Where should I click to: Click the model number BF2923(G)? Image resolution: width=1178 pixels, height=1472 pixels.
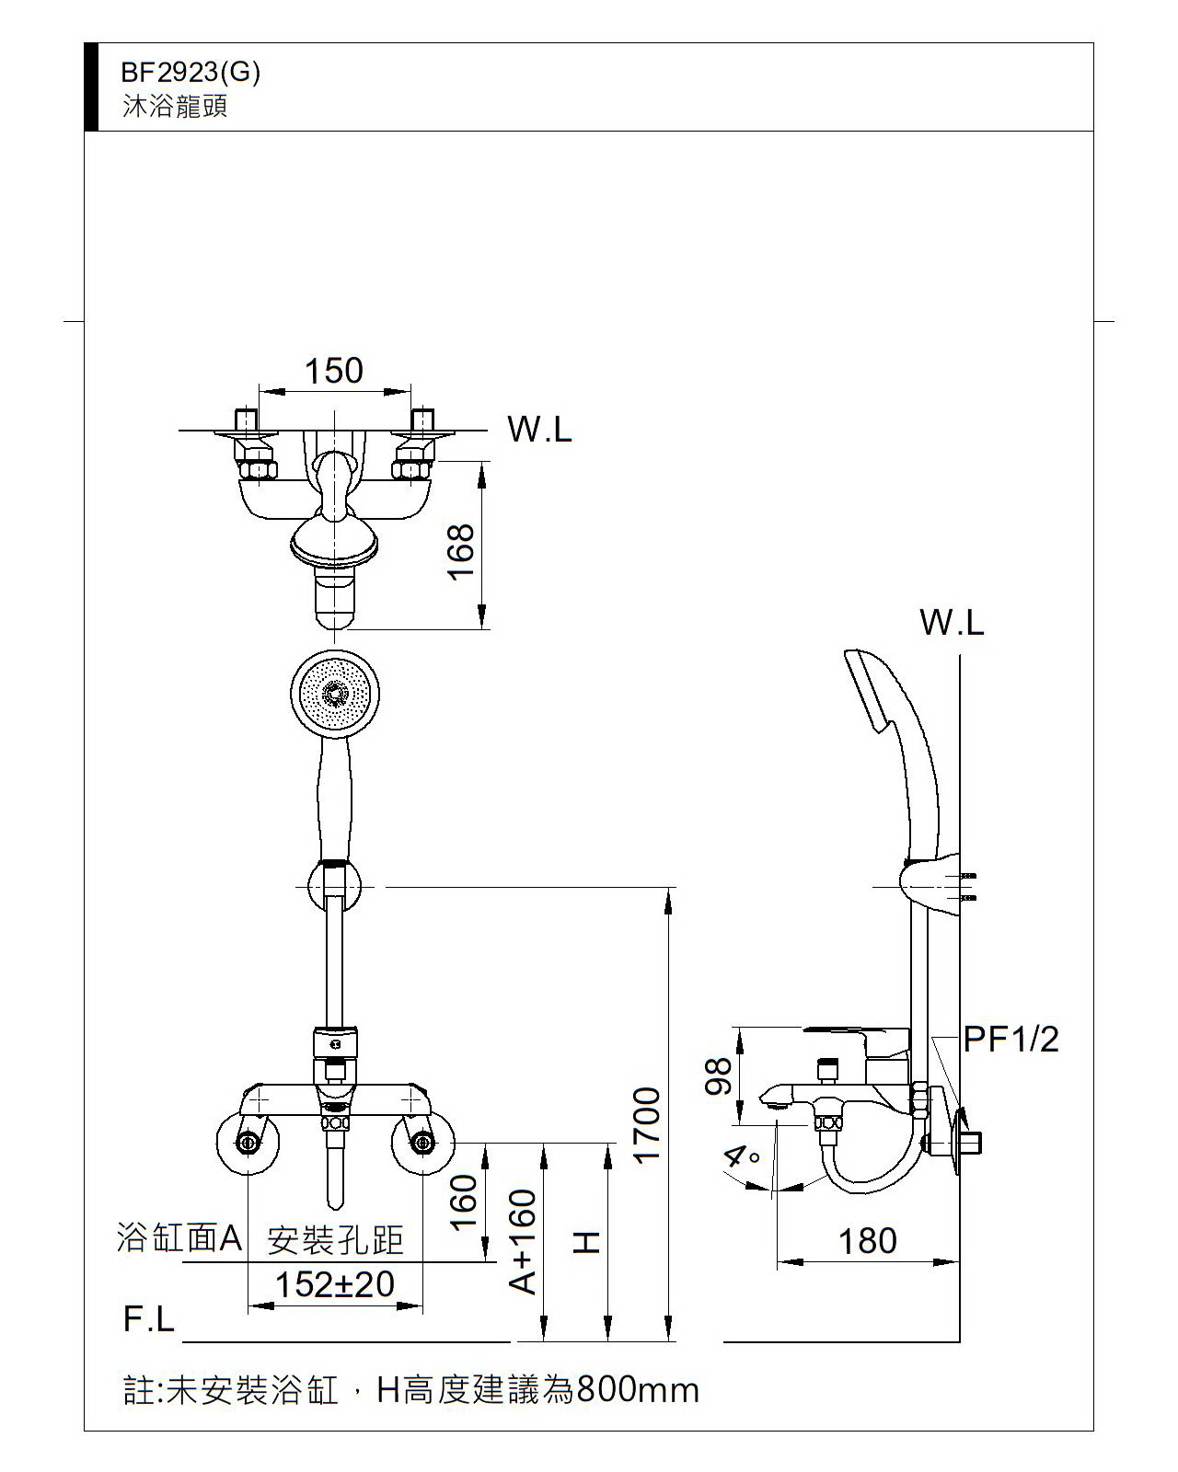(191, 73)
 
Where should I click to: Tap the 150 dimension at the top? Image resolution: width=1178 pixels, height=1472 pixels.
(334, 372)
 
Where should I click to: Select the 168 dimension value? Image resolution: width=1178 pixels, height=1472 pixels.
(460, 550)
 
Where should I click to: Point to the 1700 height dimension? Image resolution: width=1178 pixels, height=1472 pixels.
(648, 1124)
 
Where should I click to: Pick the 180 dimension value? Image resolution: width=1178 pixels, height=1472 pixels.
(867, 1241)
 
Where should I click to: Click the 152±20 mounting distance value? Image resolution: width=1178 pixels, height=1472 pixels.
(335, 1284)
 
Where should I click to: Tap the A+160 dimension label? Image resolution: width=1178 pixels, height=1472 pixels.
(523, 1242)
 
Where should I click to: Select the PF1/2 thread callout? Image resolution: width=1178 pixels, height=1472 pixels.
(1011, 1040)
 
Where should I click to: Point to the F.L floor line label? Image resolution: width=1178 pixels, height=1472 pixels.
(149, 1319)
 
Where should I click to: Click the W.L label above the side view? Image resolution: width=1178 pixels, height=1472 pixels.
(952, 624)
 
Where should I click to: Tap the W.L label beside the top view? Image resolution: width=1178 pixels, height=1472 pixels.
(539, 430)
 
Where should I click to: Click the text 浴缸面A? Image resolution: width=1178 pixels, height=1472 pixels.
(179, 1238)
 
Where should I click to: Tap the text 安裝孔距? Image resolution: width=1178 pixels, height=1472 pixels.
(335, 1240)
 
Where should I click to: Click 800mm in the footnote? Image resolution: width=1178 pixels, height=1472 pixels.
(637, 1389)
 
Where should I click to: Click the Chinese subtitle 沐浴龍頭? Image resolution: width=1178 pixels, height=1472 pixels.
(175, 107)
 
